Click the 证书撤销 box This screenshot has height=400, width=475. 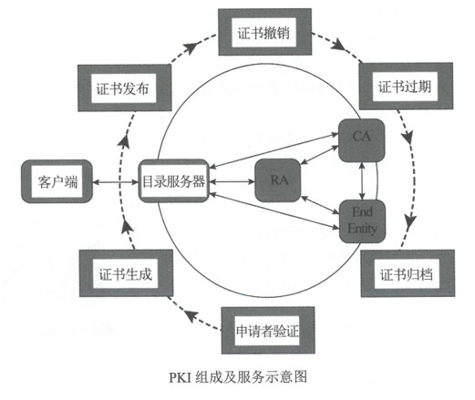coord(264,32)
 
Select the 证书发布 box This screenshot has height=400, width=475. coord(125,88)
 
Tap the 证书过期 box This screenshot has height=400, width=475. coord(406,86)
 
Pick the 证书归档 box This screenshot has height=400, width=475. coord(408,273)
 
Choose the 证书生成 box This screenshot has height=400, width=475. coord(126,273)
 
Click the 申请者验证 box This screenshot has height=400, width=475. coord(268,331)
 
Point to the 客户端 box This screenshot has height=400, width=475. coord(57,181)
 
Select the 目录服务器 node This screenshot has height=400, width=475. coord(174,181)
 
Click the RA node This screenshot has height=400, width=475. coord(278,180)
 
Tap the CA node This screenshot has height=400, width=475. coord(362,140)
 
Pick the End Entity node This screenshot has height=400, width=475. coord(362,221)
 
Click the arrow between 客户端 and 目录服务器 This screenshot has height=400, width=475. coord(116,182)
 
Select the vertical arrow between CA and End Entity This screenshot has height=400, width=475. coord(362,181)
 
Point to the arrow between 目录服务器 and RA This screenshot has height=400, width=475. coord(232,182)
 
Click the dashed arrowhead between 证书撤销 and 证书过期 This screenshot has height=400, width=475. coord(338,46)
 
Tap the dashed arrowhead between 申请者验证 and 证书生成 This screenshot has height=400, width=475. coord(192,317)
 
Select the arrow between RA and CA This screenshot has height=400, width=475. coord(319,155)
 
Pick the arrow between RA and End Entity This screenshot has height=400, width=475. coord(320,205)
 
